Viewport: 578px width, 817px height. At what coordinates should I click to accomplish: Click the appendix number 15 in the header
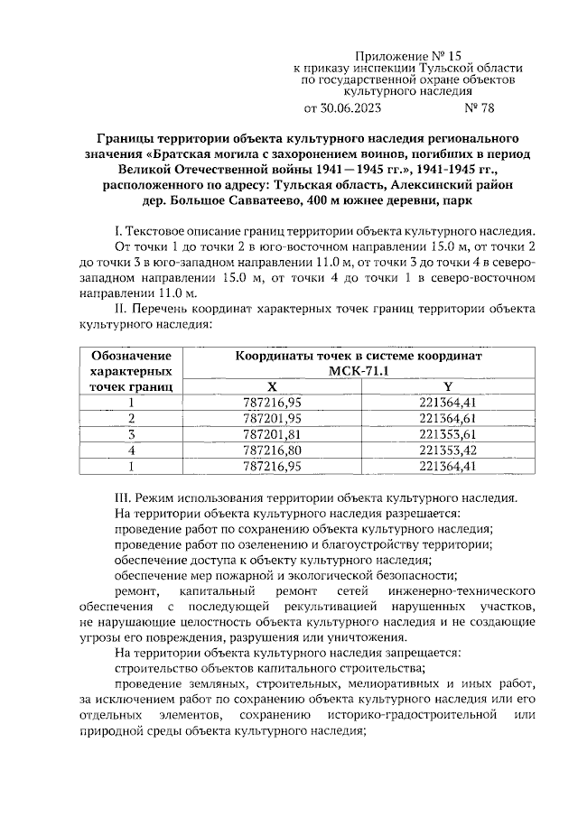[464, 55]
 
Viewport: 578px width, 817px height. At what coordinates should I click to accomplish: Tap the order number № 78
[478, 109]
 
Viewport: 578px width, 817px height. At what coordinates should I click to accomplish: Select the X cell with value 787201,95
[273, 419]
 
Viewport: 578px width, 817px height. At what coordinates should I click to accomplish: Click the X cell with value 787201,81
[273, 434]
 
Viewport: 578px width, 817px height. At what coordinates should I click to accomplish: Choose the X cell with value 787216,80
[273, 450]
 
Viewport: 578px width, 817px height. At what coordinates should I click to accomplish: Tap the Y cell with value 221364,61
[447, 419]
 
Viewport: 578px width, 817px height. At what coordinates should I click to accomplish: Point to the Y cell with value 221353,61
[447, 434]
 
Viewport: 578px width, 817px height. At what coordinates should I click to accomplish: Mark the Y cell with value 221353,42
[447, 450]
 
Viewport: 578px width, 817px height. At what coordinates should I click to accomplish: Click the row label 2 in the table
[132, 419]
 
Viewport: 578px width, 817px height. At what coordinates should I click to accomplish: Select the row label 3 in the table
[132, 434]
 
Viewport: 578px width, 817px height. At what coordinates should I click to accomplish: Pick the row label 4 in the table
[132, 450]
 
